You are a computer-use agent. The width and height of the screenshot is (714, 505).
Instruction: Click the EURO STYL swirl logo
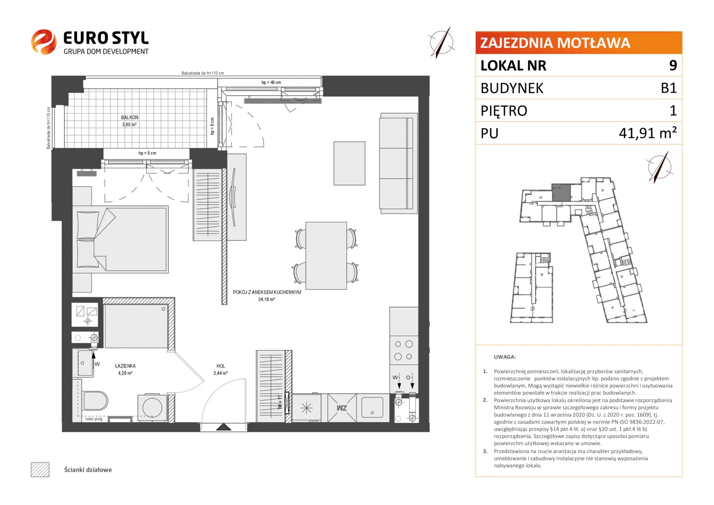[x=43, y=42]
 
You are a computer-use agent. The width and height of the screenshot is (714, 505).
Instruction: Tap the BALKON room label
[x=130, y=117]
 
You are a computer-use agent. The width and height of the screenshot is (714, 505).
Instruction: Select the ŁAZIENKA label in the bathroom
[x=125, y=366]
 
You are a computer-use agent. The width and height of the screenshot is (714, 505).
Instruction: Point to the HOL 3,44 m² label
[x=221, y=369]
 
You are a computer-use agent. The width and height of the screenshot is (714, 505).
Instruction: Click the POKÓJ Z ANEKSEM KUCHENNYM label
[x=267, y=292]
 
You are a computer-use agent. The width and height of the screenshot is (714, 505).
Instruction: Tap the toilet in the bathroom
[x=95, y=401]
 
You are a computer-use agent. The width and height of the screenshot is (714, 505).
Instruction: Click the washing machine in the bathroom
[x=152, y=408]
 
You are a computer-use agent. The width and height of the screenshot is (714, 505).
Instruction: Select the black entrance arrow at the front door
[x=224, y=427]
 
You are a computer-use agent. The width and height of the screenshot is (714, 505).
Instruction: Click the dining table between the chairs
[x=326, y=255]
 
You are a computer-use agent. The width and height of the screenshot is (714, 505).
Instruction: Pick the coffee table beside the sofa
[x=350, y=163]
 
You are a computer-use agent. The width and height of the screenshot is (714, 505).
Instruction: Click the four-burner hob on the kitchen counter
[x=404, y=350]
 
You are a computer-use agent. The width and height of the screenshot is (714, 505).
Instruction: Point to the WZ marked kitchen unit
[x=342, y=408]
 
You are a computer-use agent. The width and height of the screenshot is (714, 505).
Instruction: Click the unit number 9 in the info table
[x=673, y=65]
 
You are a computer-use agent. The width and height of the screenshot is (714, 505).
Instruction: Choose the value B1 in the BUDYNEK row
[x=668, y=88]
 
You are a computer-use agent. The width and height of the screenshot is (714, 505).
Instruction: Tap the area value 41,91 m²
[x=648, y=133]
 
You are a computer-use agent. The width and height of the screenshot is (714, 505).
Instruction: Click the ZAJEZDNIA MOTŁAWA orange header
[x=578, y=43]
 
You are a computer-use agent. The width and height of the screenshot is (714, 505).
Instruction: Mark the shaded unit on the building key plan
[x=561, y=192]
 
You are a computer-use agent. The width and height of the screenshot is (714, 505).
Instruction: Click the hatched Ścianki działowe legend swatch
[x=40, y=469]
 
